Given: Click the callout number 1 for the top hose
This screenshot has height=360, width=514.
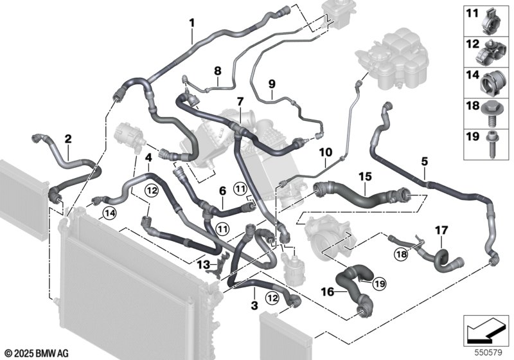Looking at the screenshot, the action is (192, 23).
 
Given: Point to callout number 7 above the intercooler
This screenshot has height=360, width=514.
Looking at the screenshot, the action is (240, 102).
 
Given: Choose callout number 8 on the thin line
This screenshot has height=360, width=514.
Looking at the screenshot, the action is (218, 71).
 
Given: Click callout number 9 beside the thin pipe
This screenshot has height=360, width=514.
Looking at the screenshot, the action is (271, 84).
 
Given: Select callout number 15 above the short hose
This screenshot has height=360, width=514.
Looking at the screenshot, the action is (365, 175).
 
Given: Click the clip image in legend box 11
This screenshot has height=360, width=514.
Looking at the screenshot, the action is (492, 19).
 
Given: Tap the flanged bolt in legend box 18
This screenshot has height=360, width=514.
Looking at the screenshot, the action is (492, 114).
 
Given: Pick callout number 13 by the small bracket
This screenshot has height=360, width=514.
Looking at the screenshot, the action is (202, 264).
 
